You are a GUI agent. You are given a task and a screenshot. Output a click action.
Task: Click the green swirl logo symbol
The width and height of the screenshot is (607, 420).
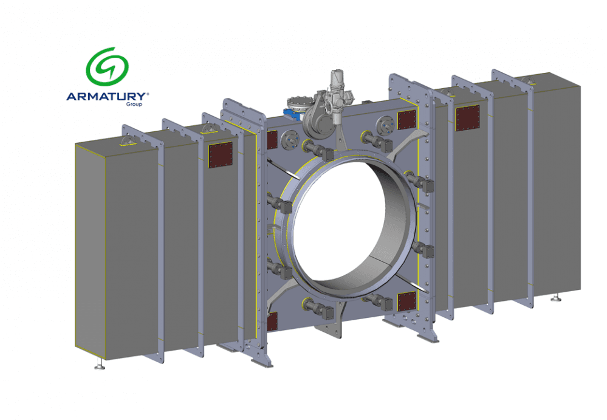107,66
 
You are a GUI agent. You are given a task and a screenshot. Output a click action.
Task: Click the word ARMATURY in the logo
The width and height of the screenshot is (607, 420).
106,97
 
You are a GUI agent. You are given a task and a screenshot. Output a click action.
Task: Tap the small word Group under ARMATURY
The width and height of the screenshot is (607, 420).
134,104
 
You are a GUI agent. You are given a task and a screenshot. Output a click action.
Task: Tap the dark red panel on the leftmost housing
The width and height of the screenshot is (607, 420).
221,155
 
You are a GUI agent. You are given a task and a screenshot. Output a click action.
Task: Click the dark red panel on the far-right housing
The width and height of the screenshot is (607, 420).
468,118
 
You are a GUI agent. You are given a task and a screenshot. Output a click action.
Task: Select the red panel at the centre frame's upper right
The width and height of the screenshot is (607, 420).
407,120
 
